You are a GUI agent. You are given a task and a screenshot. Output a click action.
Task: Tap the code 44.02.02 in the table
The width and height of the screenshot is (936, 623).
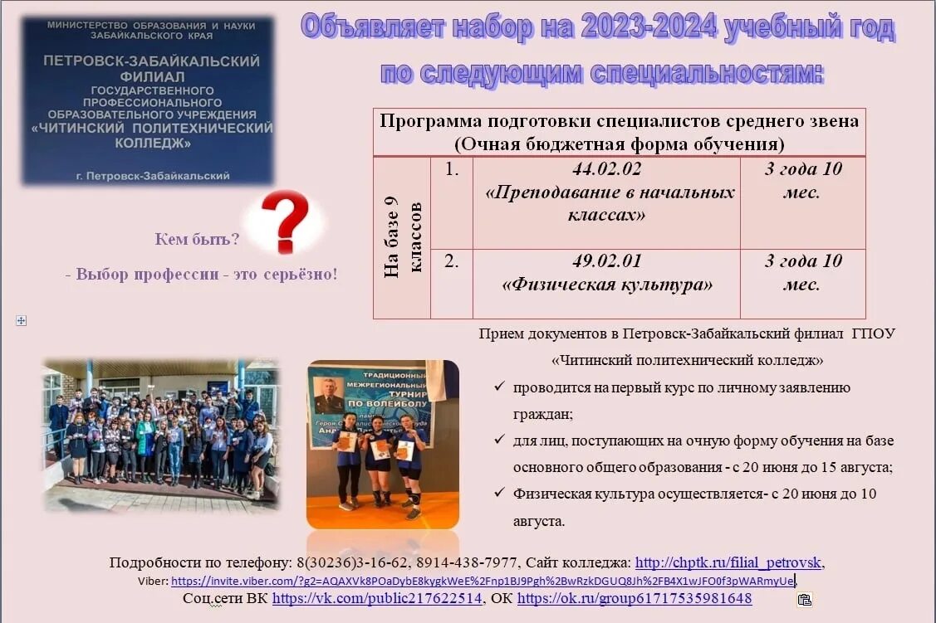click(606, 169)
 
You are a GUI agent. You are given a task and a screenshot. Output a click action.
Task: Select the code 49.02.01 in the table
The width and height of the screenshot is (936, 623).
click(606, 261)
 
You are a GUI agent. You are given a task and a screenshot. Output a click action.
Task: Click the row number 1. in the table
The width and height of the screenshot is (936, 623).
click(452, 169)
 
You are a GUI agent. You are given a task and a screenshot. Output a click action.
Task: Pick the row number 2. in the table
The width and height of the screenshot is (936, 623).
click(452, 261)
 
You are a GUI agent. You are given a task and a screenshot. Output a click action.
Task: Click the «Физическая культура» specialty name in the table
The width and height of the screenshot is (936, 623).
click(607, 285)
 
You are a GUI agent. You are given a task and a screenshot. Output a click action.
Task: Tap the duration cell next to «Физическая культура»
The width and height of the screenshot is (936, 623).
click(802, 272)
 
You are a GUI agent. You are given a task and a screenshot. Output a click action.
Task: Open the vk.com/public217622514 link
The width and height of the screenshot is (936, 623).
click(377, 598)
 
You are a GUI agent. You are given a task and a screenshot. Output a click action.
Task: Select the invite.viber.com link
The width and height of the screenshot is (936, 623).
click(483, 581)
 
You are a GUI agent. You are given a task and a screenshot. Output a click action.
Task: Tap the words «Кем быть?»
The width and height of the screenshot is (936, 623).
click(197, 239)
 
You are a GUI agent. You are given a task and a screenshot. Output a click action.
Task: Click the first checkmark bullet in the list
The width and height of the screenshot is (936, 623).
click(498, 387)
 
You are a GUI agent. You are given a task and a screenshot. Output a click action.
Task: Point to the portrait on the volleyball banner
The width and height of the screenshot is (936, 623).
click(329, 394)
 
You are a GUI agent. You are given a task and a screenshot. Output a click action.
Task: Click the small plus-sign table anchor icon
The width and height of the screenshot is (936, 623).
click(22, 320)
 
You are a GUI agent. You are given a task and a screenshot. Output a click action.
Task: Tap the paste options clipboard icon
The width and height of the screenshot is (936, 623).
click(804, 599)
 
